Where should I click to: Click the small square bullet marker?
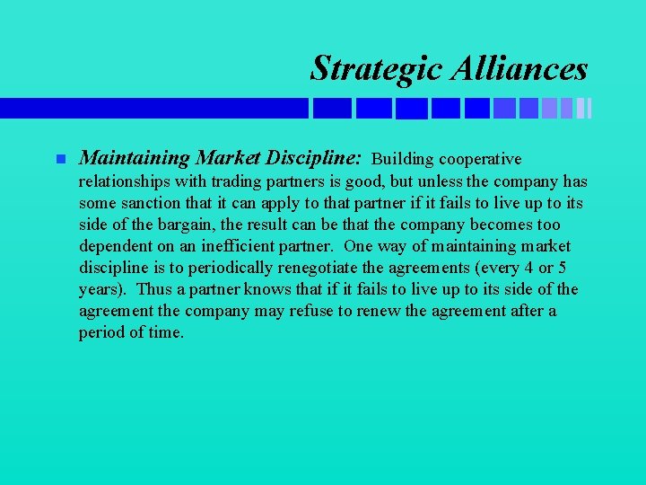60,160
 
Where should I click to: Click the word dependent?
116,246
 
